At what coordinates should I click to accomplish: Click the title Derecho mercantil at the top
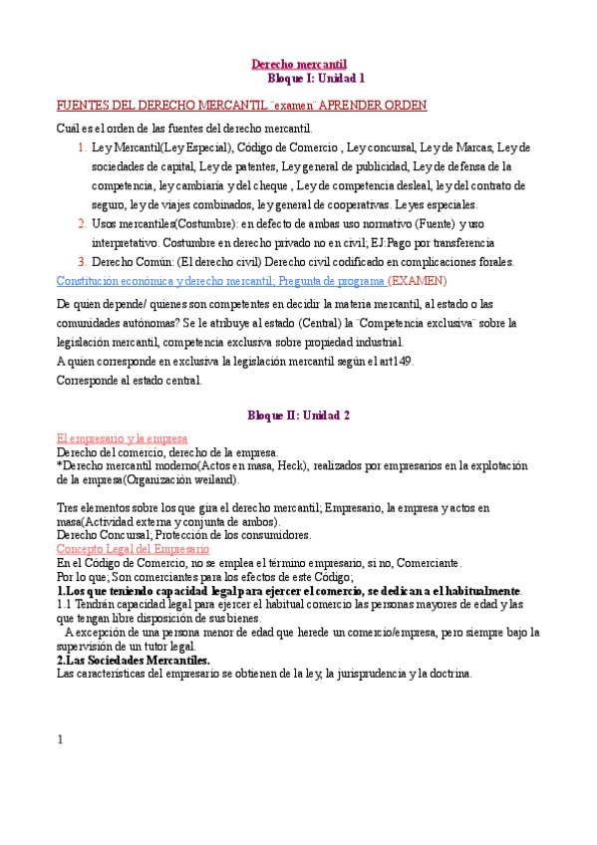298,63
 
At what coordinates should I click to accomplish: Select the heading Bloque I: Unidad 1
317,77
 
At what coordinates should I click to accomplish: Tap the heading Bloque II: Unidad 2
298,415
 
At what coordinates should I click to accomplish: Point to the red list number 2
81,223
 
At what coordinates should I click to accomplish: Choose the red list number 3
81,262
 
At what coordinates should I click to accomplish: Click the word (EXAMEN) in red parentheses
418,281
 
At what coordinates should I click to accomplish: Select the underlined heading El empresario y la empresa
122,438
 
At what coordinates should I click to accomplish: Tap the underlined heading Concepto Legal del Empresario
133,549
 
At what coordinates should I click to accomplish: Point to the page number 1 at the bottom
60,739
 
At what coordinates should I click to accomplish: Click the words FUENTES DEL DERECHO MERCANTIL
162,105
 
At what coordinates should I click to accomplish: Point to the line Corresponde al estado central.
130,380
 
